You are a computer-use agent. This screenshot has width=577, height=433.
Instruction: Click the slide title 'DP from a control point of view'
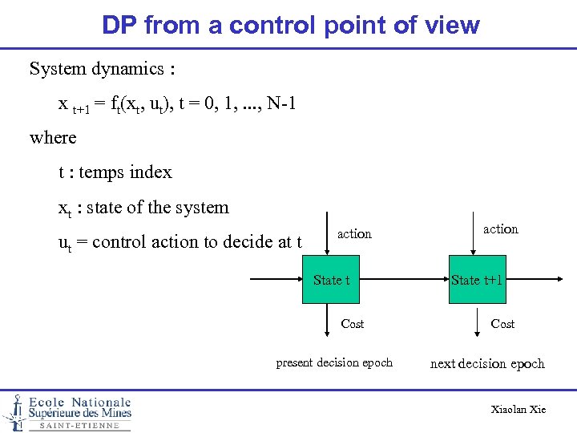290,25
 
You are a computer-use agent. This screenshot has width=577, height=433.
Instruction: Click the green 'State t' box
331,280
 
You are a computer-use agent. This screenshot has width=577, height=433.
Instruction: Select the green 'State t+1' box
476,280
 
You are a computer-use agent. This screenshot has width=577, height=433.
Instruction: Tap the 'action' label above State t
354,234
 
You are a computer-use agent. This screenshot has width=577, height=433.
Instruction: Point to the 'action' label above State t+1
500,229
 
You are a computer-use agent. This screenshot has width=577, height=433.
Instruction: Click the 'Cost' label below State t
352,324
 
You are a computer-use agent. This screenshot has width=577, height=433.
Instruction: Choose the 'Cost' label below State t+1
502,324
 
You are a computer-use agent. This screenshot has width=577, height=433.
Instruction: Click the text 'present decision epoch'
334,362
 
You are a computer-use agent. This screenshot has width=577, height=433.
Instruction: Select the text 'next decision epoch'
487,364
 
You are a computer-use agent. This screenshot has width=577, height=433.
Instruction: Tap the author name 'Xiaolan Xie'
518,410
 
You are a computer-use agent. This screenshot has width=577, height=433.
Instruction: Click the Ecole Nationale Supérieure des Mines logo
67,412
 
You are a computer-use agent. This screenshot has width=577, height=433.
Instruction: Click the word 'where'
53,138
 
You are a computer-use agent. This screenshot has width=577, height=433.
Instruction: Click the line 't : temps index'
115,172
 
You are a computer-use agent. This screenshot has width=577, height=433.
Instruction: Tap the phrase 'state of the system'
157,208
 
